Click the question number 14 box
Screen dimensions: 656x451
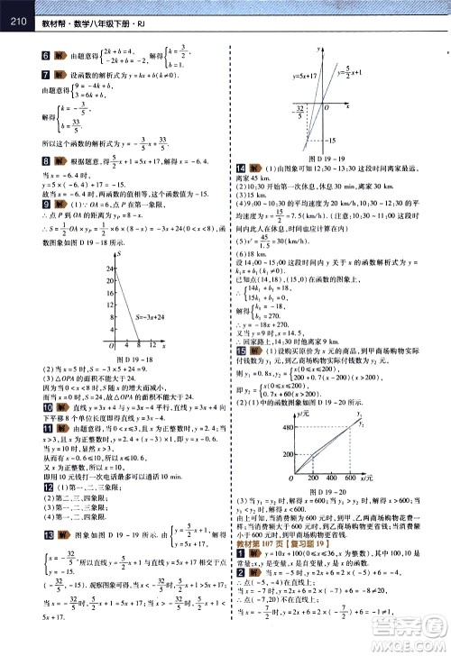(238, 142)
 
